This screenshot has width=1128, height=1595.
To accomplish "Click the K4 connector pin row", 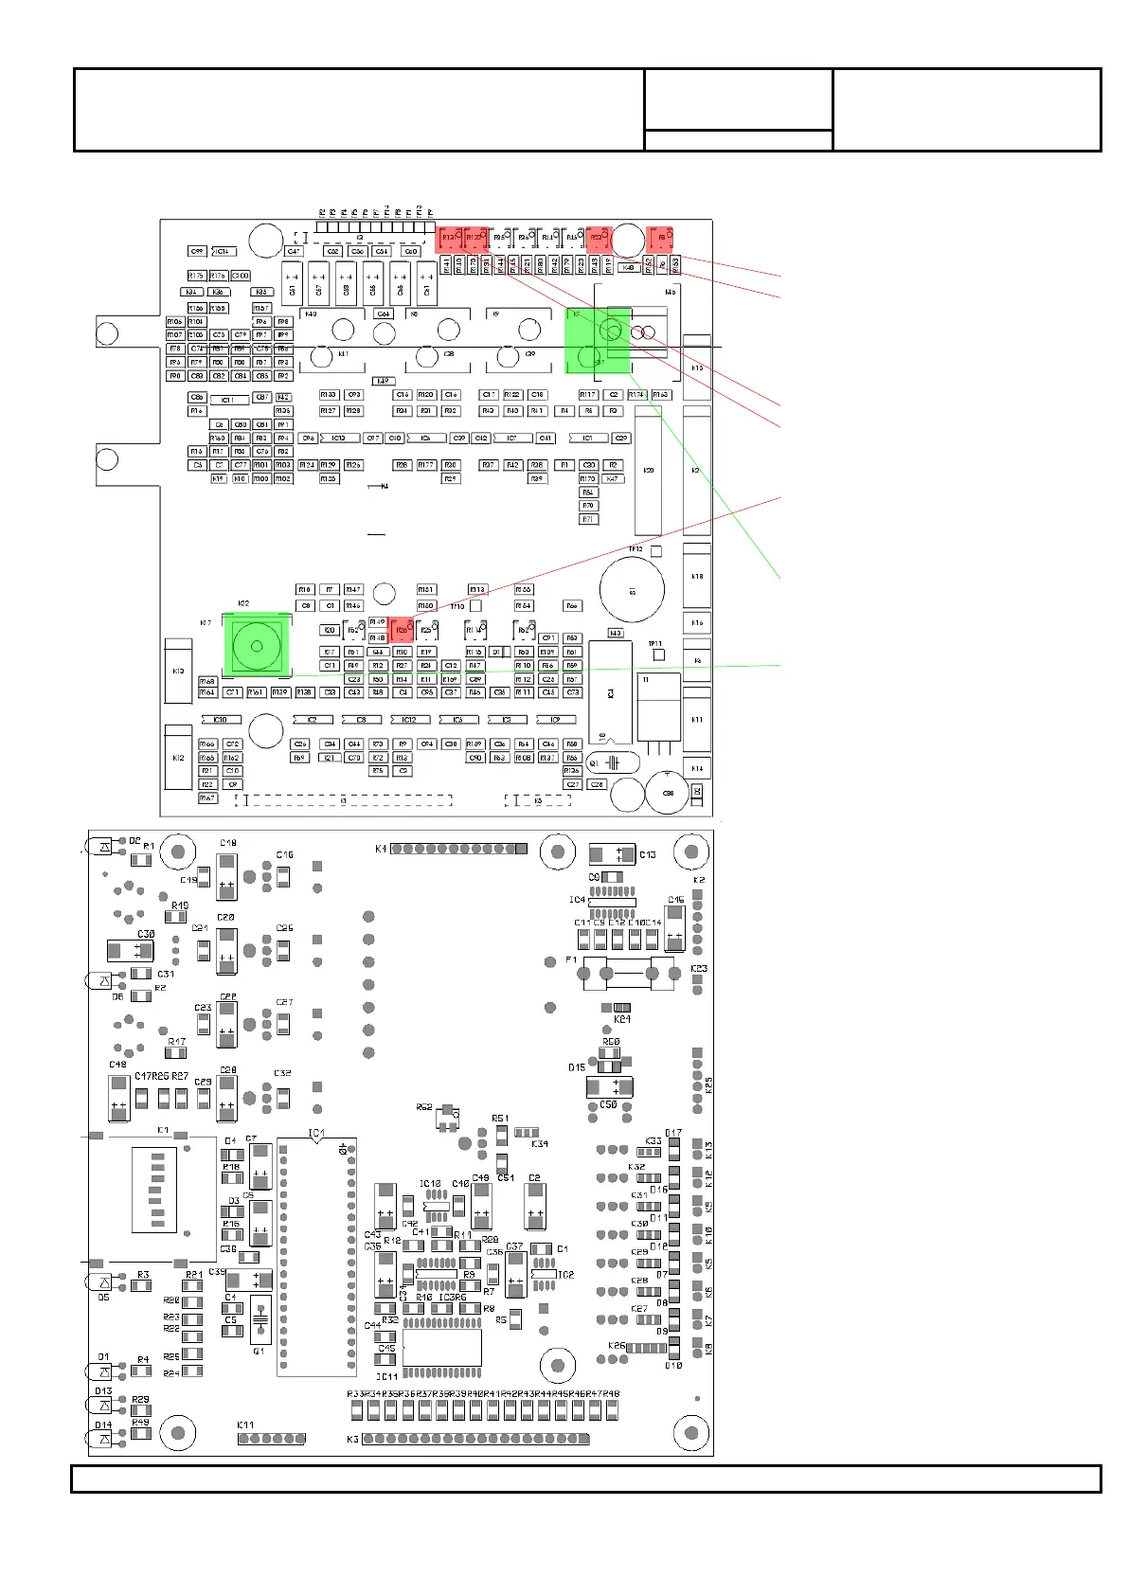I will pos(458,849).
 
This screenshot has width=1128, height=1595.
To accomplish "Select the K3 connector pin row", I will pos(475,1439).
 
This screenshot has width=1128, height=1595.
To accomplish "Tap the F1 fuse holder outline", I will pos(627,973).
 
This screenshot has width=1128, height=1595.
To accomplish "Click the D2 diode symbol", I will pos(104,845).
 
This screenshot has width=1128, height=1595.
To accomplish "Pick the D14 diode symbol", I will pos(104,1440).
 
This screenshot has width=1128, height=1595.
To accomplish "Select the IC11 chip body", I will pos(442,1347).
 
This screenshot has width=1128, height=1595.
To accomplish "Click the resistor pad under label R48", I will pos(613,1410).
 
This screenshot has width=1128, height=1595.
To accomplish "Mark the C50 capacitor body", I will pos(609,1086).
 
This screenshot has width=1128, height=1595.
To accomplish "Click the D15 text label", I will pos(577,1067).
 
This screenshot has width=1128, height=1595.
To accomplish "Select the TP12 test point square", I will pos(656,550).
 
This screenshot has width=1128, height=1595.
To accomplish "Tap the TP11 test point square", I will pos(659,654).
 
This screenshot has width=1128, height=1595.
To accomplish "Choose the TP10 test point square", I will pos(476,605).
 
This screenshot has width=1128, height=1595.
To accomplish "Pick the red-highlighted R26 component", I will pos(402,628).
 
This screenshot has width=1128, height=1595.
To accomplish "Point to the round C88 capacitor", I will pos(669,793).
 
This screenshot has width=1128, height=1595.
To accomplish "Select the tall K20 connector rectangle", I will pos(648,471).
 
